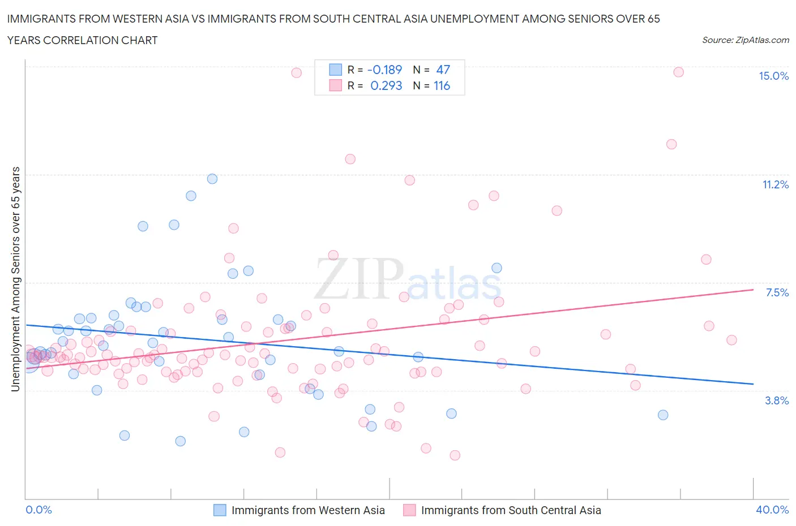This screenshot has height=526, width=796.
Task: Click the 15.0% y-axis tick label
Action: click(773, 76)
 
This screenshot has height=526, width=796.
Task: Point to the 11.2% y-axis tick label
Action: click(775, 184)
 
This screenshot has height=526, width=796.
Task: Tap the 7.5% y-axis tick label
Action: click(777, 292)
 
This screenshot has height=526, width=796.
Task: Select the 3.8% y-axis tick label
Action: click(777, 400)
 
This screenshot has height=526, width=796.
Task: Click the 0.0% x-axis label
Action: click(38, 510)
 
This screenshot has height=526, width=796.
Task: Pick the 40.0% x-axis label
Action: click(772, 510)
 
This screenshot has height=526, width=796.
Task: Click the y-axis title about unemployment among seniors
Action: click(15, 279)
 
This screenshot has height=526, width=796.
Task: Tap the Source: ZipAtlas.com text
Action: click(745, 40)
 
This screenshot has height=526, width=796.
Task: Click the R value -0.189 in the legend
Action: click(384, 70)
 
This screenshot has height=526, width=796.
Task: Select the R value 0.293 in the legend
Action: click(386, 85)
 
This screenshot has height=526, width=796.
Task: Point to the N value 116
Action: click(442, 85)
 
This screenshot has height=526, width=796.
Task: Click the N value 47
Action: click(443, 70)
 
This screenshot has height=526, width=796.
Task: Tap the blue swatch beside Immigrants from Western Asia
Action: click(220, 510)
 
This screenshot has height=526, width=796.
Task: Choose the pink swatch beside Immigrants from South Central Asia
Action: click(409, 510)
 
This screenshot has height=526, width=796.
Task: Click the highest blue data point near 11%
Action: click(212, 179)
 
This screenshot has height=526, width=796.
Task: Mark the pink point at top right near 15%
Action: click(678, 72)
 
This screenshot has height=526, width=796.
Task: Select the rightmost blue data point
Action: click(663, 415)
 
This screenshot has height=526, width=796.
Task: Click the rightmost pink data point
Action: click(731, 340)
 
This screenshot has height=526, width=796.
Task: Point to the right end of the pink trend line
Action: click(753, 290)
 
